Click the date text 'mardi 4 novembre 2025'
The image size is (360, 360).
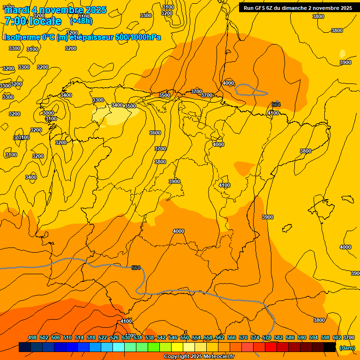pos(55,10)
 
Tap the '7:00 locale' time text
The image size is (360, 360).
pos(33,21)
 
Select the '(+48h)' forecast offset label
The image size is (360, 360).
pos(81,21)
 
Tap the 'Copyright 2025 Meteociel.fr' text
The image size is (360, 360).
pos(199,357)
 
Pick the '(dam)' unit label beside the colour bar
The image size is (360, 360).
pos(347,348)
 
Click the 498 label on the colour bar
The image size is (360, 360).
pos(32,337)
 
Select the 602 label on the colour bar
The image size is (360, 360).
pos(337,337)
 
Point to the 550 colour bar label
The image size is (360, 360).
pos(185,337)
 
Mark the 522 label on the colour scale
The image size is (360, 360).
pos(103,337)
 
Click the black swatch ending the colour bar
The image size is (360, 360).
pos(330,347)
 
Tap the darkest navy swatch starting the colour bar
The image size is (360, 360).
pos(25,347)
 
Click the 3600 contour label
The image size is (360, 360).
pos(155,133)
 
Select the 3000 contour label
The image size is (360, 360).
pos(48,113)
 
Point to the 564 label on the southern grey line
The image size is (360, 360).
pos(136,268)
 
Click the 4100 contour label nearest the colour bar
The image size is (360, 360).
pos(126,321)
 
